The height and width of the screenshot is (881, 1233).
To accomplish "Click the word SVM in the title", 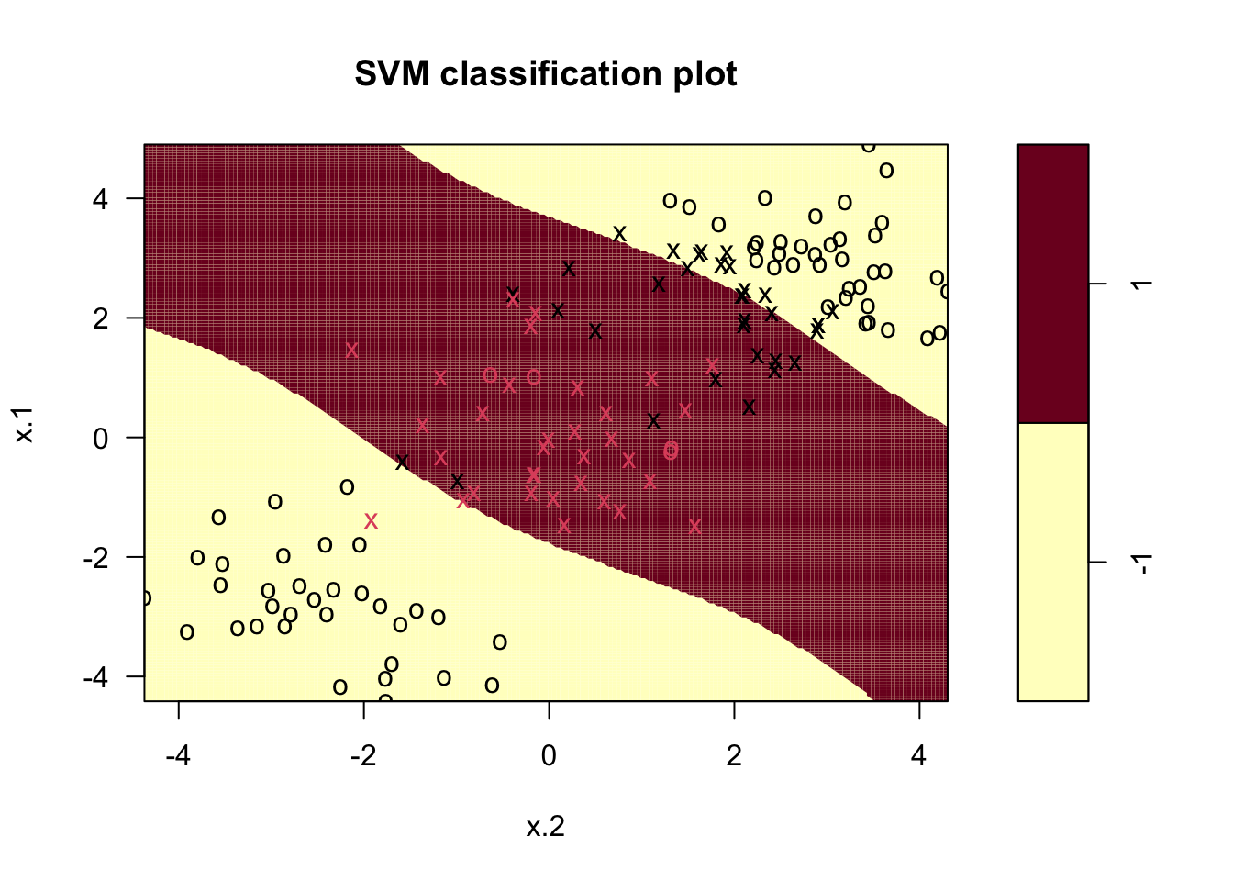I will (x=392, y=74).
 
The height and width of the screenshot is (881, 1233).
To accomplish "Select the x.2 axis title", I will (x=546, y=828).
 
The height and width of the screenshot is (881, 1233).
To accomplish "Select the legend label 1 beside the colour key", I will (x=1142, y=284).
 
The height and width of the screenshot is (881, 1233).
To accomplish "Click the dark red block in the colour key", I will (x=1053, y=283).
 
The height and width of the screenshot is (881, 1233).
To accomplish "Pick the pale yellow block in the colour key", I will (x=1053, y=562).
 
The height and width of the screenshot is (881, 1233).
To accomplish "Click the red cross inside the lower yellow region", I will (x=371, y=521).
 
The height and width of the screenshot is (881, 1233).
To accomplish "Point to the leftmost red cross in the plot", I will (x=351, y=350).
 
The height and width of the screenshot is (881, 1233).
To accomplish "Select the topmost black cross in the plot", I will (x=619, y=234).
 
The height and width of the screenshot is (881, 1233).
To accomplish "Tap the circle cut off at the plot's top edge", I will (x=869, y=146).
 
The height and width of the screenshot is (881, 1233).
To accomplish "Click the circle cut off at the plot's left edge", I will (x=146, y=598).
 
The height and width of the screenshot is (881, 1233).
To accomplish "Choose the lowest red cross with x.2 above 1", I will (x=694, y=526).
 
